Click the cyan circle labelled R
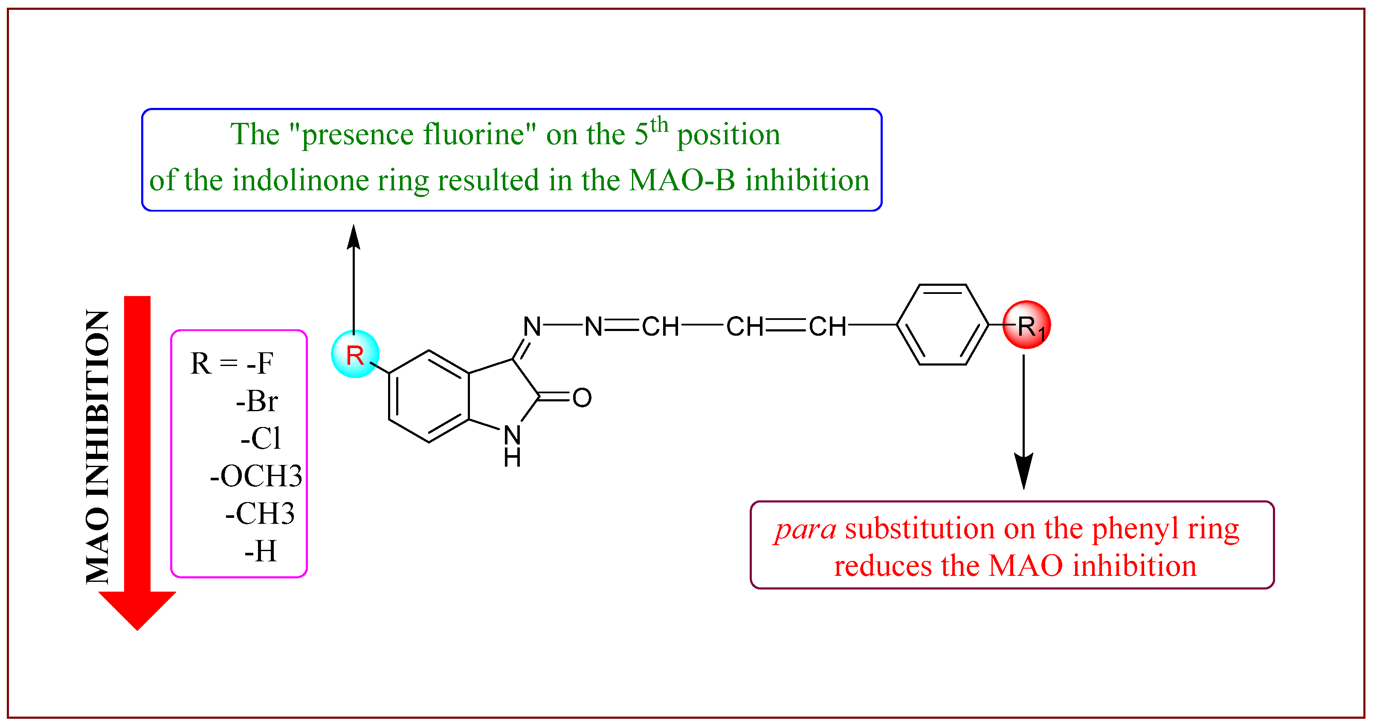tap(355, 354)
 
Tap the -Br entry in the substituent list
tap(257, 401)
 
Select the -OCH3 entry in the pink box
tap(256, 476)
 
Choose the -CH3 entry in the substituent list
tap(260, 514)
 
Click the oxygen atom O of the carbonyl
tap(582, 398)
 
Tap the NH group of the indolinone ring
tap(512, 445)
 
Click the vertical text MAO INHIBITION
tap(98, 447)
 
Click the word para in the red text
tap(806, 529)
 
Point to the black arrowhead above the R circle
tap(354, 237)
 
